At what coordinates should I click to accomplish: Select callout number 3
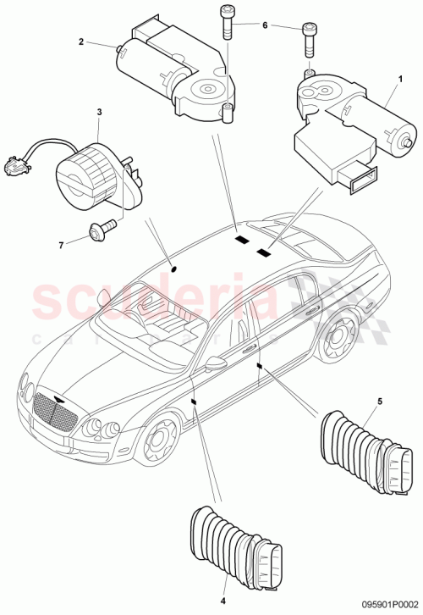point(99,112)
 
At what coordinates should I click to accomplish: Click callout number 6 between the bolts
point(264,26)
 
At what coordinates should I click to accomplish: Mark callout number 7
point(60,245)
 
